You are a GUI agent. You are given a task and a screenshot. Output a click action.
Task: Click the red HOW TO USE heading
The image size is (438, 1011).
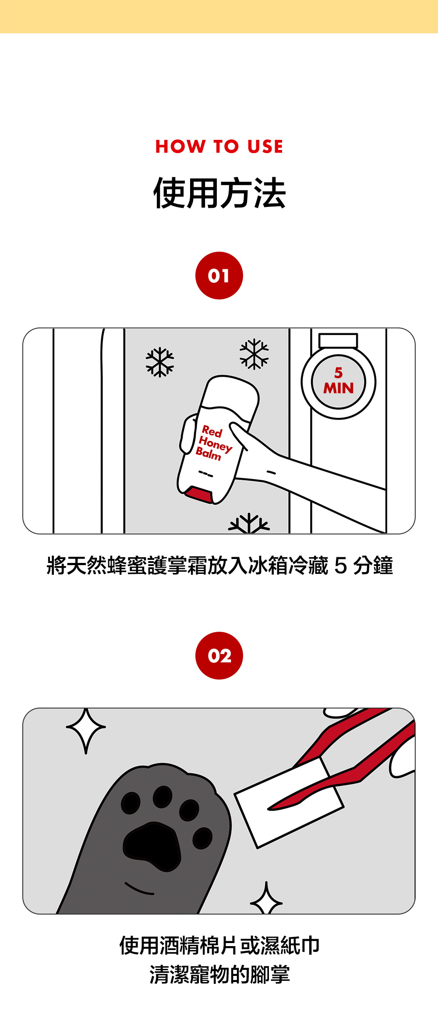pos(219,146)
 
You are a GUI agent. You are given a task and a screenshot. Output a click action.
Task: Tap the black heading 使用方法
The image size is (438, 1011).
pos(219,193)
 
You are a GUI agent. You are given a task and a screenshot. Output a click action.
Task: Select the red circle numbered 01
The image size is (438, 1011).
pos(219,276)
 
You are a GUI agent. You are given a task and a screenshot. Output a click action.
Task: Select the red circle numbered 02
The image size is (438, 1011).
pos(219,656)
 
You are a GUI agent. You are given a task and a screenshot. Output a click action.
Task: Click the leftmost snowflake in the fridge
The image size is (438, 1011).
pos(160,362)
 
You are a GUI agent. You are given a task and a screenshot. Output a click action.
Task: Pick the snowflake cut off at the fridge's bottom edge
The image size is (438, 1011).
pos(249,523)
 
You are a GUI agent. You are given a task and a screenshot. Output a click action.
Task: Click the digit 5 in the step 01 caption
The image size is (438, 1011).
pos(340,566)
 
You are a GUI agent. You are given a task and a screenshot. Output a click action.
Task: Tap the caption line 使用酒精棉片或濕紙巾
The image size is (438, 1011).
pos(219,945)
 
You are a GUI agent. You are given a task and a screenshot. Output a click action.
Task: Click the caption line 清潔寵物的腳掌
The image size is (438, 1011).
pos(219,975)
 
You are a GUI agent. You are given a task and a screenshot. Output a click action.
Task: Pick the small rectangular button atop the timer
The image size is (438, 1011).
pos(338,341)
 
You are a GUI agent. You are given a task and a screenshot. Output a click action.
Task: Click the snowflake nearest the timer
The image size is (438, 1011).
pos(254,354)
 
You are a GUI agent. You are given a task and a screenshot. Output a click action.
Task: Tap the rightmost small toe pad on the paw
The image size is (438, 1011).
pos(202,838)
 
